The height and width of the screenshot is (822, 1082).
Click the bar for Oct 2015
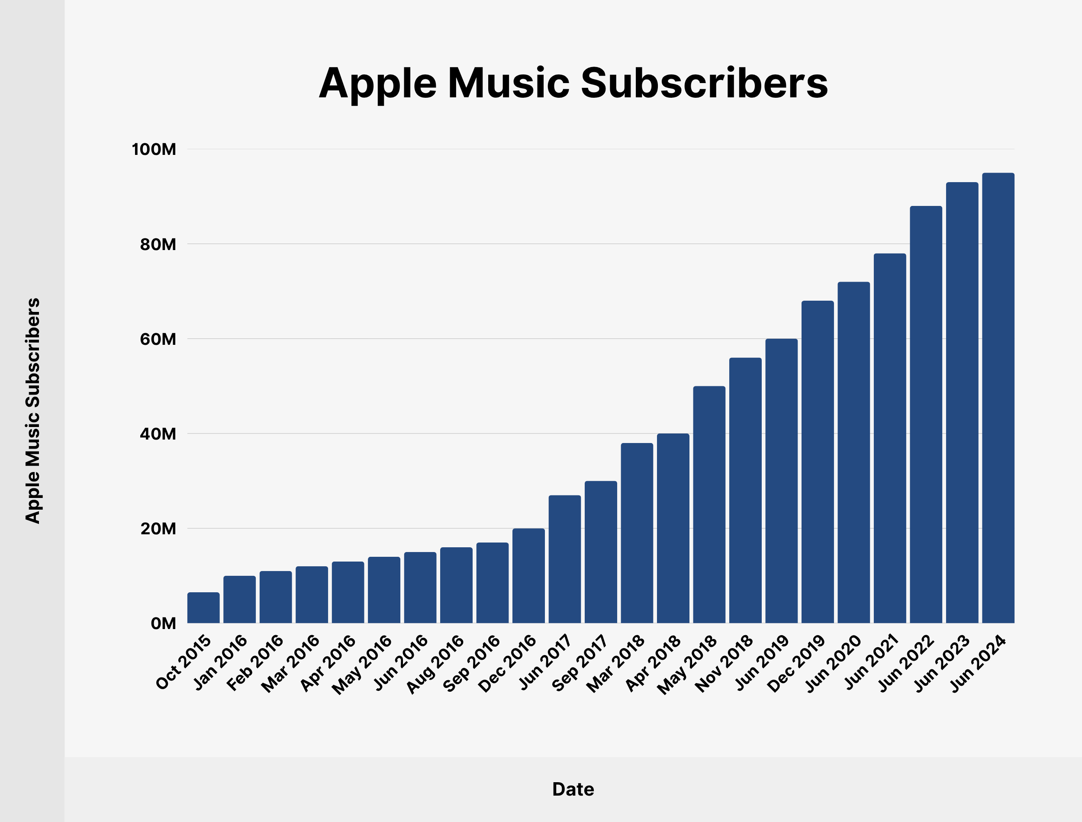click(203, 608)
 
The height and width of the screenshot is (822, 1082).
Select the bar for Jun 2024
click(998, 398)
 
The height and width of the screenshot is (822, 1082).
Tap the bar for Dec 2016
click(528, 575)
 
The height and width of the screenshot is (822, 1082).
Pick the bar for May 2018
click(709, 504)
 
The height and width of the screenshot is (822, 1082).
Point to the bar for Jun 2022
click(926, 414)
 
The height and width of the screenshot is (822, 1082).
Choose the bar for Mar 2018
click(637, 533)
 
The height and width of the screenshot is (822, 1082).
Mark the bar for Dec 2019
click(817, 462)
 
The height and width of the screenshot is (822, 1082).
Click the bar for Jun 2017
click(565, 559)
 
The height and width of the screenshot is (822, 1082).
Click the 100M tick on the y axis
click(154, 149)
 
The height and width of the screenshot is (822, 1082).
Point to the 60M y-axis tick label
click(158, 339)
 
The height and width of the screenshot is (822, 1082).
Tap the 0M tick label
click(163, 624)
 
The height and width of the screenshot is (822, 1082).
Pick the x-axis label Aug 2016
click(435, 664)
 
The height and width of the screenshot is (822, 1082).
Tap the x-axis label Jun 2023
click(942, 663)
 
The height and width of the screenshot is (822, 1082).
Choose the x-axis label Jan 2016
click(221, 662)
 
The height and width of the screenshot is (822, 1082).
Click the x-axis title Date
click(573, 789)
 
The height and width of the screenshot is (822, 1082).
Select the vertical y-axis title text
click(33, 411)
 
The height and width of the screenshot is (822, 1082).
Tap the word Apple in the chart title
click(377, 84)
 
